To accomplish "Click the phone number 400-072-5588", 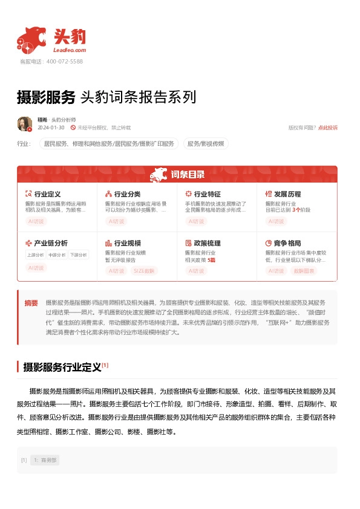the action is pos(64,62).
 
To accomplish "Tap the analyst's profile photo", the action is pos(25,124).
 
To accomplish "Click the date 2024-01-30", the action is pos(51,128).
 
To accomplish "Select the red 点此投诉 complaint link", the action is pos(328,128).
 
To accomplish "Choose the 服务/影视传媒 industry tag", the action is pos(206,144).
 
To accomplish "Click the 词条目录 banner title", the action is pos(187,175).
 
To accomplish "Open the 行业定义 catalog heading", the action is pos(47,194).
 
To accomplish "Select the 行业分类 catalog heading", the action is pos(127,194).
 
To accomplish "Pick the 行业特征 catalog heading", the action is pos(207,194).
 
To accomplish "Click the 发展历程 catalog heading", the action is pos(287,194).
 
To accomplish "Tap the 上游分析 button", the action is pos(35,255).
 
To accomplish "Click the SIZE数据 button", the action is pos(144,270).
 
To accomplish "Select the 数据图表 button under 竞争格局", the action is pos(304,270).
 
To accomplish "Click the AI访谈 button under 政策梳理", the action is pos(196,270).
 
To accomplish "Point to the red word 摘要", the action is pos(31,303).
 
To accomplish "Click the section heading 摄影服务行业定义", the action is pos(62,367).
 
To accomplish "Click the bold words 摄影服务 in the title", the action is pos(46,97).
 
